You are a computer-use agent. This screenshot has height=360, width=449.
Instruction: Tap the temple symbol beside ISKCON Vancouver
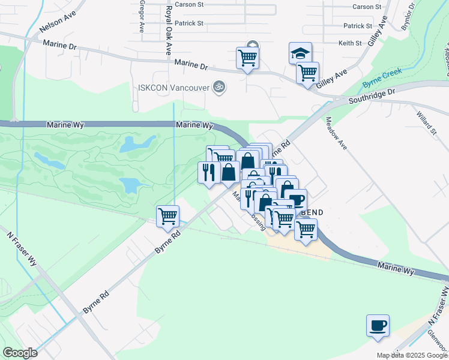[219, 87]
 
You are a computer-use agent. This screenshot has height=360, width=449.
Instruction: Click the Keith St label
[350, 43]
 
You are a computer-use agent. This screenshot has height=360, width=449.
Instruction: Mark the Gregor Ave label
[142, 16]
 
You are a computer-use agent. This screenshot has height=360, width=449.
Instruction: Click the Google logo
[20, 353]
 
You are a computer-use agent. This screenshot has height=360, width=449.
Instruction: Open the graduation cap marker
[300, 53]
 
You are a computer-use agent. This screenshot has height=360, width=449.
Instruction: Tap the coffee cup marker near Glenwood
[378, 325]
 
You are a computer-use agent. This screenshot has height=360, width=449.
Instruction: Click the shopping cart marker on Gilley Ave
[307, 73]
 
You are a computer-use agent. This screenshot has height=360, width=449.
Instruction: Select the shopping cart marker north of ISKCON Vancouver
[247, 58]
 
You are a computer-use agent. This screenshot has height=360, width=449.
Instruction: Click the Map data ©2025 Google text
[412, 355]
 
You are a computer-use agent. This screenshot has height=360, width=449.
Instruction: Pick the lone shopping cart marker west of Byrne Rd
[167, 216]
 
